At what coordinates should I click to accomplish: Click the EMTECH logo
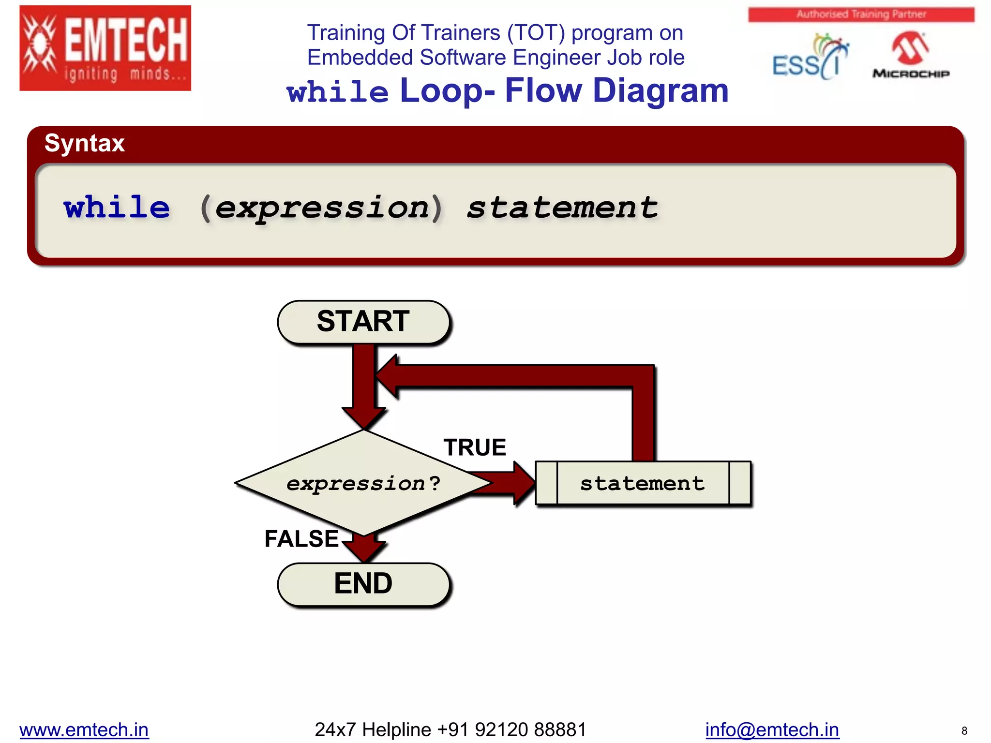[105, 48]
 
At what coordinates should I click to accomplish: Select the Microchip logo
[911, 56]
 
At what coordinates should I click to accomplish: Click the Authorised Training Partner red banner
[861, 15]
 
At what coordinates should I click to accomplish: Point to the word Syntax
[85, 143]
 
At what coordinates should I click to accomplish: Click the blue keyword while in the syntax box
[117, 208]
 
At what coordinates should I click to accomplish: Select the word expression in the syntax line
[322, 208]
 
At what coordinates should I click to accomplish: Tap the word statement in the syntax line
[562, 208]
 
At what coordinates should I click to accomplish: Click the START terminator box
[363, 322]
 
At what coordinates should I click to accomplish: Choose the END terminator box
[363, 583]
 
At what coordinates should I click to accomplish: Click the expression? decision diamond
[363, 483]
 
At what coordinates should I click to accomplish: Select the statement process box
[643, 483]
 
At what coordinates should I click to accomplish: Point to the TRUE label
[475, 447]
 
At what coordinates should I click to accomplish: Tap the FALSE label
[301, 539]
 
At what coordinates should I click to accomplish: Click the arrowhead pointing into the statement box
[525, 483]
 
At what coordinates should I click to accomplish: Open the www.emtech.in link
[84, 729]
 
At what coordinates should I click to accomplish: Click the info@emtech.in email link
[772, 729]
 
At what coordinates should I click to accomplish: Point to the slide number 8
[964, 731]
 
